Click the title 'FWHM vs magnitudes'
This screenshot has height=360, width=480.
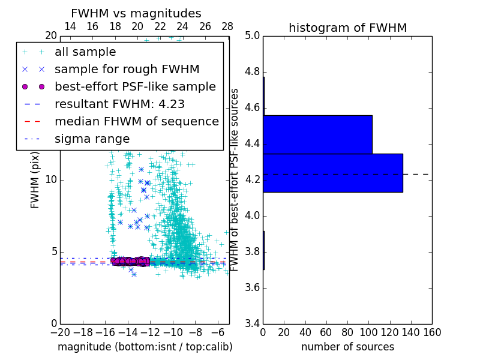click(136, 13)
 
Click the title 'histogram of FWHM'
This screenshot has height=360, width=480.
click(347, 28)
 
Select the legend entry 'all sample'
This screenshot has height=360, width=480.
click(85, 52)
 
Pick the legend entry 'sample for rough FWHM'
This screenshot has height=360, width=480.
click(127, 69)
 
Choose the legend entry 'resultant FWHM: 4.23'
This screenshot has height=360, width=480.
click(119, 104)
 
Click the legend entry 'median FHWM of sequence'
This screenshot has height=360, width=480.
click(137, 121)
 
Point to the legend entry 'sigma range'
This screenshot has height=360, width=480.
click(92, 139)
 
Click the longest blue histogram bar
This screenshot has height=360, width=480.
click(332, 173)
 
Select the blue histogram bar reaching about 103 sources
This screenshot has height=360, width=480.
click(317, 134)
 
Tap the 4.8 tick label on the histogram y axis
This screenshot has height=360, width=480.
click(252, 72)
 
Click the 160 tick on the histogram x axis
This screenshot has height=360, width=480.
click(431, 332)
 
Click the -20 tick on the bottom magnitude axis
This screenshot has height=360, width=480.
click(60, 332)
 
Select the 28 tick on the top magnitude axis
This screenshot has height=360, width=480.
click(227, 27)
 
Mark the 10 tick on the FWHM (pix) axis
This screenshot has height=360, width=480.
click(51, 180)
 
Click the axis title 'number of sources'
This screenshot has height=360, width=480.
click(347, 347)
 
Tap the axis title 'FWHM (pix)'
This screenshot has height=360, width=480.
click(35, 179)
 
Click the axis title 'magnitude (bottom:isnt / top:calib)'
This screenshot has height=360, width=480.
click(145, 347)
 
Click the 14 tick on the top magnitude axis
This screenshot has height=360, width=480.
click(70, 27)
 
